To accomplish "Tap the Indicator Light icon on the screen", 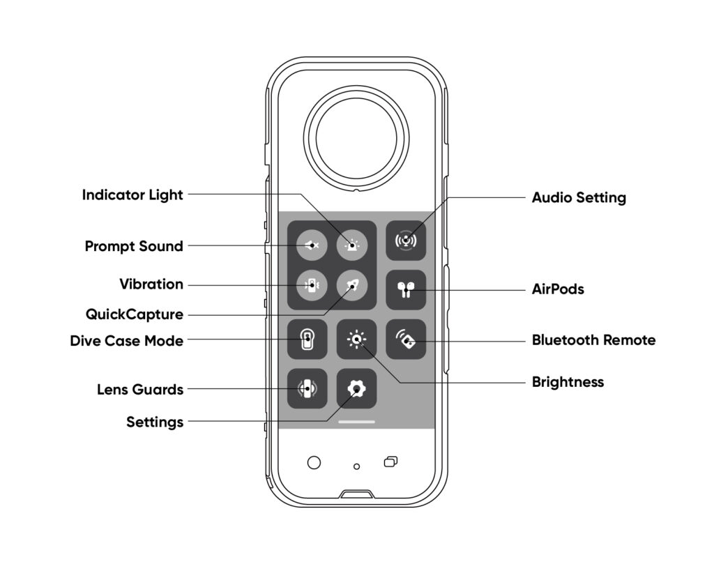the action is [352, 245].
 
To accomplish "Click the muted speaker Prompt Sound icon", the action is [312, 245].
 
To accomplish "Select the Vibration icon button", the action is [312, 285].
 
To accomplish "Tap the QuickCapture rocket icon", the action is [352, 285].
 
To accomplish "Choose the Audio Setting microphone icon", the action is [406, 241].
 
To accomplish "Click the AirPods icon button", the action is [406, 290].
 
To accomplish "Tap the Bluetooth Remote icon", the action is [406, 339].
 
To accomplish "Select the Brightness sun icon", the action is [356, 339].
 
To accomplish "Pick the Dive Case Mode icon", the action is [307, 339].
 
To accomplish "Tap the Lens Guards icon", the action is [307, 388].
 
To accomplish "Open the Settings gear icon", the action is [356, 388].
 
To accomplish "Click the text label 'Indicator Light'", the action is [132, 195].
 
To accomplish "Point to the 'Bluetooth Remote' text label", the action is [594, 340].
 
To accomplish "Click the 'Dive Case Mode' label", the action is [127, 340].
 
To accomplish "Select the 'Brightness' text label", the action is [568, 382].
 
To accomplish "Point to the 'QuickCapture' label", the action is [135, 314].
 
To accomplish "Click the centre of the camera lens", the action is [356, 138].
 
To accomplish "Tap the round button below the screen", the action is [314, 462].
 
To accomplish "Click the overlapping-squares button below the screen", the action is [390, 462].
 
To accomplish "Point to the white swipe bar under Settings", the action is [356, 422].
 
